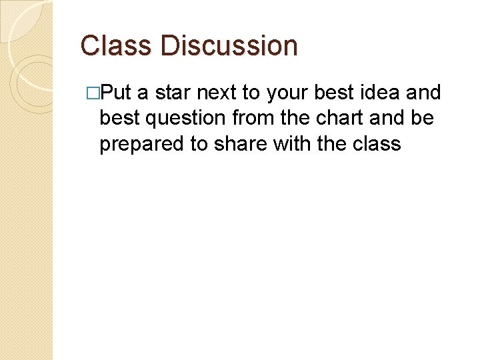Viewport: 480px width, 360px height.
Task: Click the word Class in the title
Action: click(x=117, y=46)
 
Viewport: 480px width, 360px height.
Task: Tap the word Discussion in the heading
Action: click(x=229, y=46)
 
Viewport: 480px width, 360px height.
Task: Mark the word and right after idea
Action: click(x=423, y=93)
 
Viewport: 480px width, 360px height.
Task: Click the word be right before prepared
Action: click(x=423, y=119)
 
